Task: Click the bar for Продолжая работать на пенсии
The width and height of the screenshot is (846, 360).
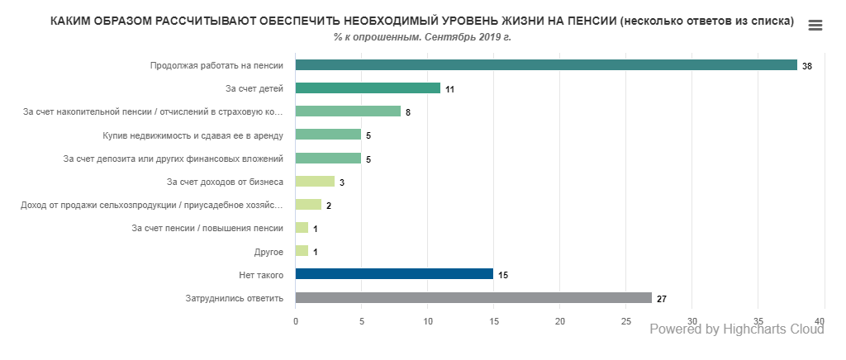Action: pos(545,65)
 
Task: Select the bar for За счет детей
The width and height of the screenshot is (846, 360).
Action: pos(368,88)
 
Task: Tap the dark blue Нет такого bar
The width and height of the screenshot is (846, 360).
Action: pos(394,274)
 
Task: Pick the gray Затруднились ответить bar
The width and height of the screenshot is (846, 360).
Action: pos(473,297)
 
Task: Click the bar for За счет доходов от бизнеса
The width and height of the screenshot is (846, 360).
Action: pos(315,182)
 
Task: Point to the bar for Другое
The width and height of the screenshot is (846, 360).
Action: pos(302,251)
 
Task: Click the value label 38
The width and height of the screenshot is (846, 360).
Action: pos(807,66)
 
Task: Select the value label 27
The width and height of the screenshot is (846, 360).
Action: pos(662,298)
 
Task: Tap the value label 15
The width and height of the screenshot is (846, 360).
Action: pos(503,275)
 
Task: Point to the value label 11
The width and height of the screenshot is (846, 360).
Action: pos(450,89)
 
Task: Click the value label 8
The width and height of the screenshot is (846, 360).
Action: pos(408,112)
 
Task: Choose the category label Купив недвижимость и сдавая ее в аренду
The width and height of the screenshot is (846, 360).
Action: pos(199,135)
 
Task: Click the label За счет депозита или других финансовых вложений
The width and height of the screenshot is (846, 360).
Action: pos(173,158)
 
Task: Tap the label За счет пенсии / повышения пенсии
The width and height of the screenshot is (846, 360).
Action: pos(208,228)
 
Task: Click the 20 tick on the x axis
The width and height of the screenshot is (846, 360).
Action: pos(559,321)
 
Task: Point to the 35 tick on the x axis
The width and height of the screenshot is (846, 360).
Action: pos(758,321)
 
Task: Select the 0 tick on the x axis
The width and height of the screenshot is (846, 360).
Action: pos(296,321)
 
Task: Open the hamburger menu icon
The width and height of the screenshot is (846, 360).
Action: pos(815,26)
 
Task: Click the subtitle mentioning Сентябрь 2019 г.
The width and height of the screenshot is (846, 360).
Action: pos(422,37)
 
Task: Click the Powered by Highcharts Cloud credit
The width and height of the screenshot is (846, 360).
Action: pos(737,329)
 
